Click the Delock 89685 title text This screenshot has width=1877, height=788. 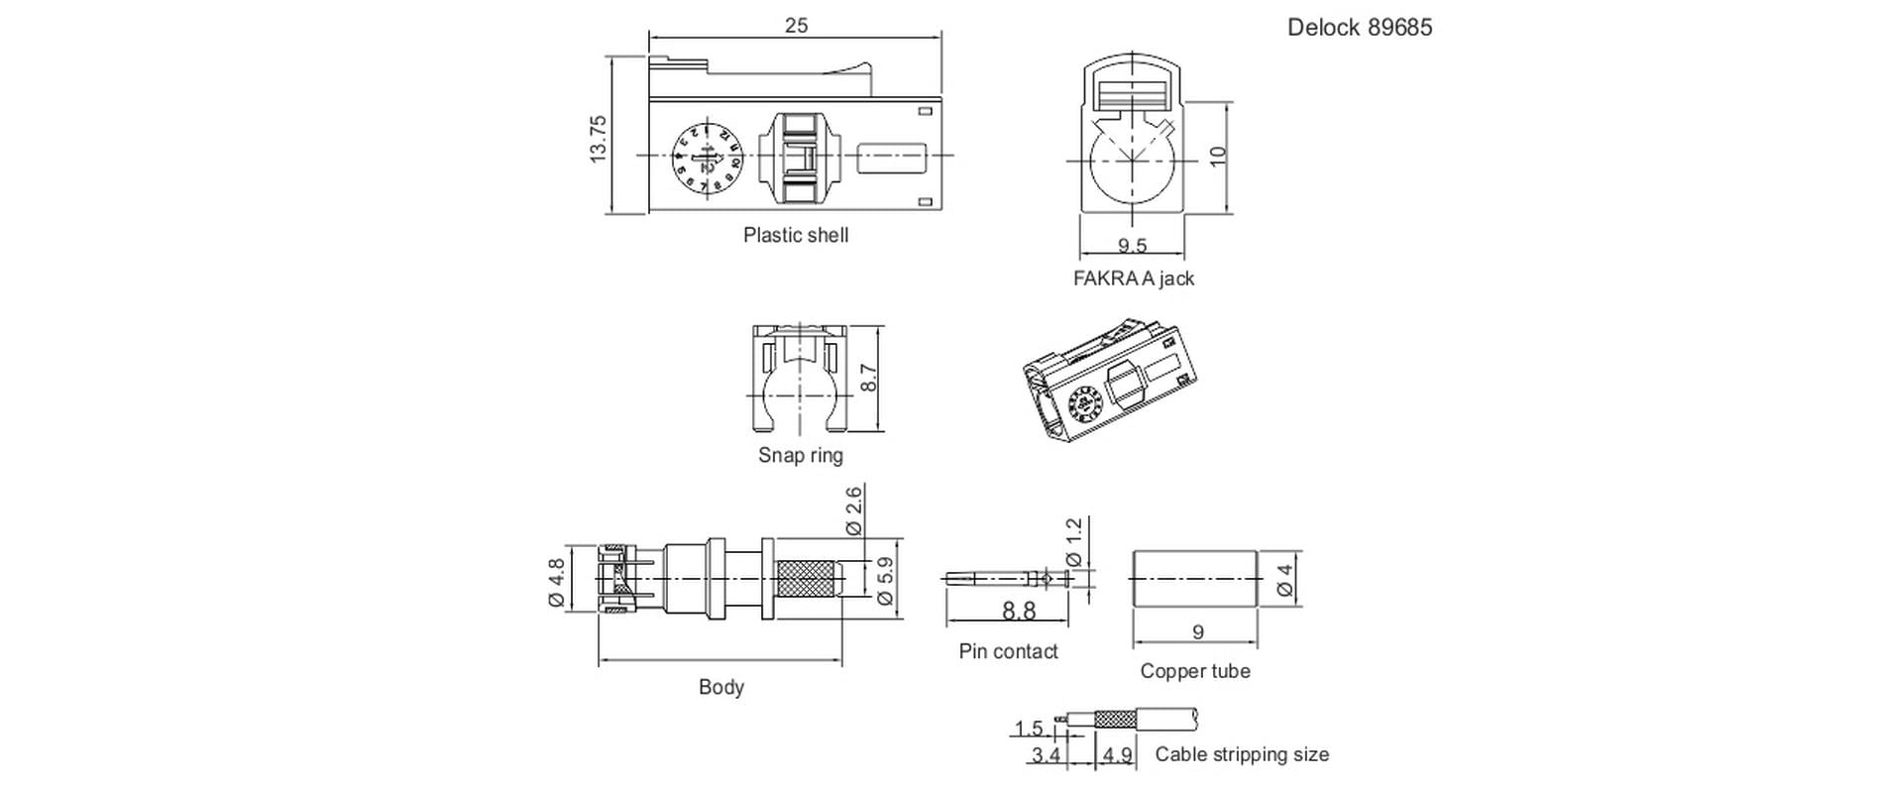(x=1359, y=28)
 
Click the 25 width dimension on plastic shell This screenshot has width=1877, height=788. (x=796, y=26)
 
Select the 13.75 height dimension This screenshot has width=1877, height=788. (x=598, y=139)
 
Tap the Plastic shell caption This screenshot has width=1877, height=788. (x=796, y=236)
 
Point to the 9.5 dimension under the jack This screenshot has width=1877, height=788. (x=1131, y=245)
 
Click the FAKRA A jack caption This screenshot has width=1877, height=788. (x=1134, y=279)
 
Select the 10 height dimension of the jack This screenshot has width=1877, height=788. (x=1218, y=157)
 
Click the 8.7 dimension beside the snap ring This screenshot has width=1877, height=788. (x=868, y=378)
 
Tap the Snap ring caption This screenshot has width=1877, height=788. (x=800, y=455)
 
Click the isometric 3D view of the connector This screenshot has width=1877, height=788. (x=1111, y=383)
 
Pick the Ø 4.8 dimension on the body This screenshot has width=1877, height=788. (x=556, y=583)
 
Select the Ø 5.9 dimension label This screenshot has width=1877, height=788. (x=885, y=580)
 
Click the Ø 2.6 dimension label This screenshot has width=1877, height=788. (x=853, y=511)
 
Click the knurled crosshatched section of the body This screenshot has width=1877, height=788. (x=808, y=579)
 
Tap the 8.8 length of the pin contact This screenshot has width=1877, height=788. (x=1018, y=611)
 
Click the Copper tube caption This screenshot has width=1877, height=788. (x=1194, y=671)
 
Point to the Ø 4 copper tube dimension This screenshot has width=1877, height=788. (x=1285, y=580)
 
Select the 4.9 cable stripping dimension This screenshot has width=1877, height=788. (x=1117, y=755)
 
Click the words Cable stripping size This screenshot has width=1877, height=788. (x=1241, y=754)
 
